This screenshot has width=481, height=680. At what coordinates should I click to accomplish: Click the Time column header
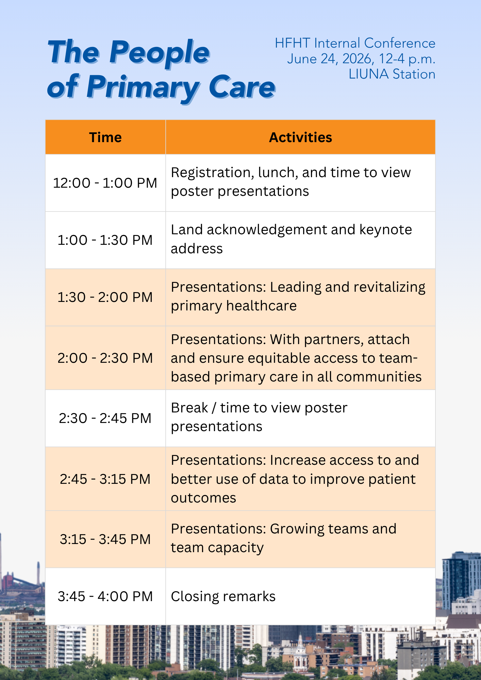click(105, 137)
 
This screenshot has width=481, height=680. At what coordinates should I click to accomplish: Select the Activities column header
click(300, 137)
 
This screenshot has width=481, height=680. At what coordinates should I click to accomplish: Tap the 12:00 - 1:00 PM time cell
click(105, 183)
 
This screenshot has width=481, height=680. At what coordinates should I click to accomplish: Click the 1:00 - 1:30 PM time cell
click(105, 240)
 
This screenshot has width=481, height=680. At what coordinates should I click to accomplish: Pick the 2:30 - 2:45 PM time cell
click(105, 418)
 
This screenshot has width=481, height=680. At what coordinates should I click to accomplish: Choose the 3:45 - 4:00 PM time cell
click(105, 596)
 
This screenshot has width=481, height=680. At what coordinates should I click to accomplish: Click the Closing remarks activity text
click(223, 596)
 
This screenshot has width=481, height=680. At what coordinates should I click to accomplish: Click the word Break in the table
click(189, 408)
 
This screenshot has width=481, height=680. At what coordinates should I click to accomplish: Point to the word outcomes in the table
click(203, 498)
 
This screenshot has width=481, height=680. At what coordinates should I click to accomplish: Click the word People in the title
click(160, 53)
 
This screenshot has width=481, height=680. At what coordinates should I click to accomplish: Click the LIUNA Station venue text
click(392, 74)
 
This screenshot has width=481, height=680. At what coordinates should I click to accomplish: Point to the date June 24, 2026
click(331, 59)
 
